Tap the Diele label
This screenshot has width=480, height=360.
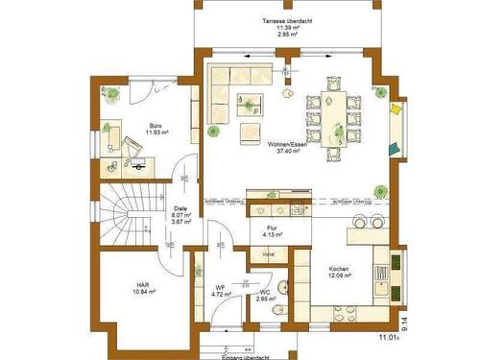[x=180, y=206]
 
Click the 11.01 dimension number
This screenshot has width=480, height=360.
[x=387, y=338]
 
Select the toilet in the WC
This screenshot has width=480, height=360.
[x=285, y=287]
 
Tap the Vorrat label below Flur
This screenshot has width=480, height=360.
[x=269, y=253]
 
